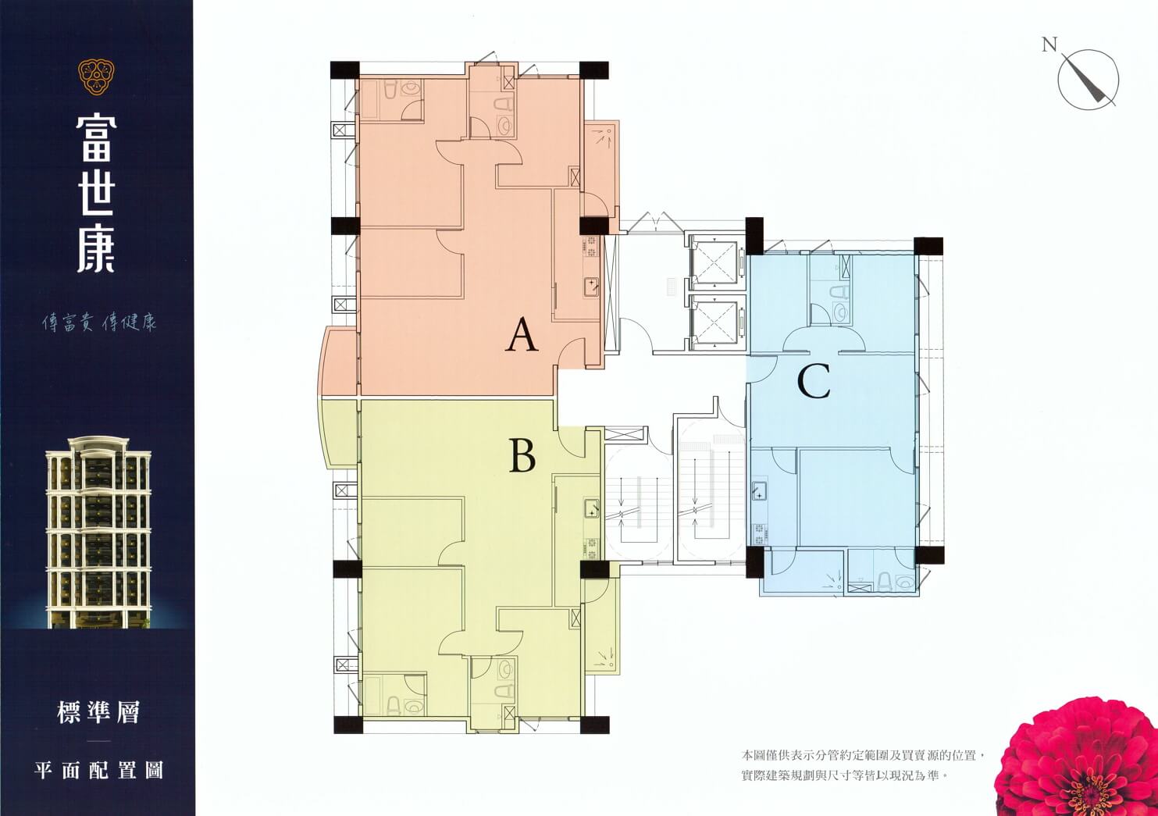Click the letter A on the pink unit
[x=522, y=335]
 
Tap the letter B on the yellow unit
[x=522, y=454]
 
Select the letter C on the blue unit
[x=814, y=382]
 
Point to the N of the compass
[x=1049, y=45]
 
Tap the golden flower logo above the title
[x=96, y=77]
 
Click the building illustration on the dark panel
[x=98, y=532]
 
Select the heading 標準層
[x=98, y=713]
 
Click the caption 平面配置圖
[x=98, y=770]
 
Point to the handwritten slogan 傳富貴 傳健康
[x=99, y=323]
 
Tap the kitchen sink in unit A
[x=591, y=287]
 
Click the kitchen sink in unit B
[x=591, y=508]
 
